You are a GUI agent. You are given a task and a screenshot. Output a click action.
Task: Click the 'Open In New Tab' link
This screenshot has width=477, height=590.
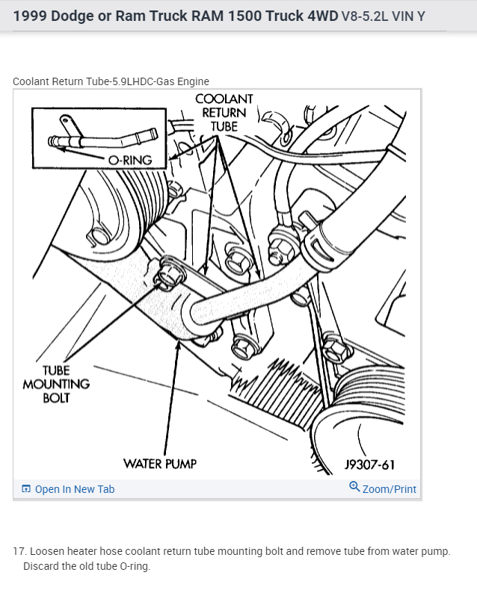74,489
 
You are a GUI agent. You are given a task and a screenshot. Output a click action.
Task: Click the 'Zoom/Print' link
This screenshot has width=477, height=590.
389,489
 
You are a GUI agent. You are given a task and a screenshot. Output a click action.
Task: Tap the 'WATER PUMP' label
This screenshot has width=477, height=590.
160,464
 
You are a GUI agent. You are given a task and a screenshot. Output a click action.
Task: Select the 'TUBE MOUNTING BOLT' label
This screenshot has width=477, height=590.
56,384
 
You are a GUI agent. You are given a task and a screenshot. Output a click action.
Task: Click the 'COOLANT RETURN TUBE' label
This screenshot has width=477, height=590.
224,113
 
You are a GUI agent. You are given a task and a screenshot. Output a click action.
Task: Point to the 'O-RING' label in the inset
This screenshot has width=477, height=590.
130,160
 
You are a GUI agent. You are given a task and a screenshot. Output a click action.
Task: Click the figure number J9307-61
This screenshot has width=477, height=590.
369,465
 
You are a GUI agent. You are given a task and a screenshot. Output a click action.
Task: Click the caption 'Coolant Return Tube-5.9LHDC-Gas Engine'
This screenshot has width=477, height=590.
111,81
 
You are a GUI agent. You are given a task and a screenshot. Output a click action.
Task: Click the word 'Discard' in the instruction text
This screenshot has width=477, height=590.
41,566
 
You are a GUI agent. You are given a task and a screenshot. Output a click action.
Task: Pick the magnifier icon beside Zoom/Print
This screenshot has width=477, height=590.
354,488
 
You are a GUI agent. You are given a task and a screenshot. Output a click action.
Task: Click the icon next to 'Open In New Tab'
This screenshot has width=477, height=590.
26,489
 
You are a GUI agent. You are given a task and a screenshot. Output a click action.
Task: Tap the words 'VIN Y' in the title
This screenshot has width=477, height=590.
410,16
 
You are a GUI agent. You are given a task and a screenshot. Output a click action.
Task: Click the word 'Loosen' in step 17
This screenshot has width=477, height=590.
47,551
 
